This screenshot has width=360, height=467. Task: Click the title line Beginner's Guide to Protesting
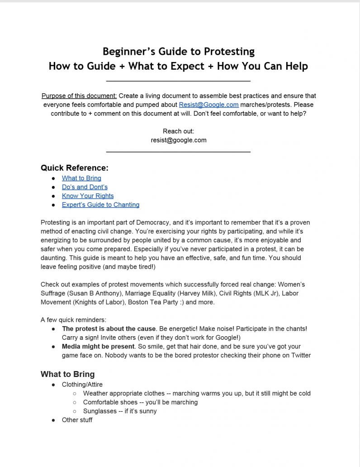pos(178,51)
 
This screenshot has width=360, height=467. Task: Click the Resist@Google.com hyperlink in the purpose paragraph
pos(208,105)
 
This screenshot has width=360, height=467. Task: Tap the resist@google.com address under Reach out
pos(179,140)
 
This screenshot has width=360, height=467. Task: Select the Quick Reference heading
pos(75,168)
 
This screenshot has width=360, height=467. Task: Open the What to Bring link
pos(81,178)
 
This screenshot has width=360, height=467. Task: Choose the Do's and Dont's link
pos(85,187)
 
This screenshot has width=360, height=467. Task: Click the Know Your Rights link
pos(88,196)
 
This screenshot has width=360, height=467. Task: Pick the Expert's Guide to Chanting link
pos(100,205)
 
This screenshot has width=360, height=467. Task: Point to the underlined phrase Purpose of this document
pos(79,95)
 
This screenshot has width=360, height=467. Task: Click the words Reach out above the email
pos(178,131)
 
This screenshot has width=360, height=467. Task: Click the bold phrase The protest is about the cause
pos(109,329)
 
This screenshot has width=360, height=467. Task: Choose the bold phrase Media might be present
pos(98,346)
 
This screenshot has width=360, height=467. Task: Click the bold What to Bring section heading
pos(67,374)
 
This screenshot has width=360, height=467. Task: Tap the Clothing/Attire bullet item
pos(82,385)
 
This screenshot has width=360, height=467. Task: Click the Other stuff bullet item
pos(77,420)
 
